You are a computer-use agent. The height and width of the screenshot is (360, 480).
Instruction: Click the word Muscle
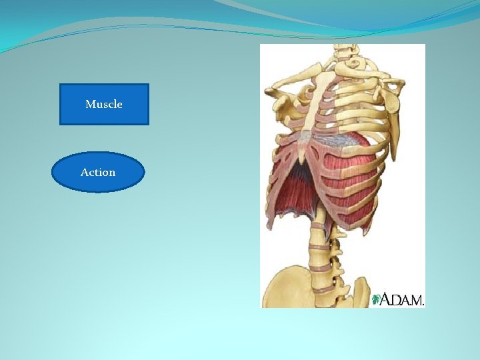tap(104, 105)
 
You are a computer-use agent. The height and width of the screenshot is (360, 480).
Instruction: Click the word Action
tap(98, 172)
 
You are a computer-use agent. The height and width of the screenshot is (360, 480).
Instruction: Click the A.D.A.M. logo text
tap(403, 299)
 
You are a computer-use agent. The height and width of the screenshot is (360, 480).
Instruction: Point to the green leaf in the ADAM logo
tap(377, 299)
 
